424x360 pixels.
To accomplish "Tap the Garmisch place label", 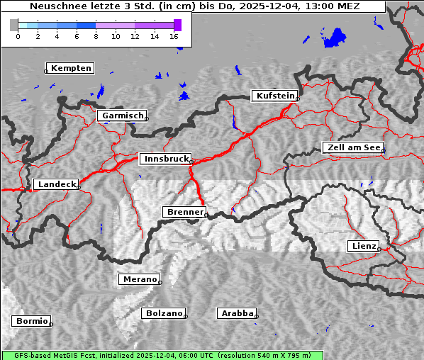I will pyautogui.click(x=123, y=116).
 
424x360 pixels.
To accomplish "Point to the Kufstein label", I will pyautogui.click(x=275, y=96).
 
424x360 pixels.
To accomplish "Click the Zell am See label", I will pyautogui.click(x=353, y=147).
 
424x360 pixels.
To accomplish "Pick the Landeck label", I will pyautogui.click(x=57, y=184).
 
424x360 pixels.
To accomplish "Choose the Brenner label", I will pyautogui.click(x=185, y=212).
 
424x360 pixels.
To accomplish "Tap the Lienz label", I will pyautogui.click(x=364, y=246).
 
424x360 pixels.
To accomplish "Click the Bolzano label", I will pyautogui.click(x=164, y=313).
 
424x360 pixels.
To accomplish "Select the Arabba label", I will pyautogui.click(x=237, y=313).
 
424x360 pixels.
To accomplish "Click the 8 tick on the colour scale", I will pyautogui.click(x=96, y=35).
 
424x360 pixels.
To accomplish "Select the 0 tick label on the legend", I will pyautogui.click(x=18, y=35).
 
